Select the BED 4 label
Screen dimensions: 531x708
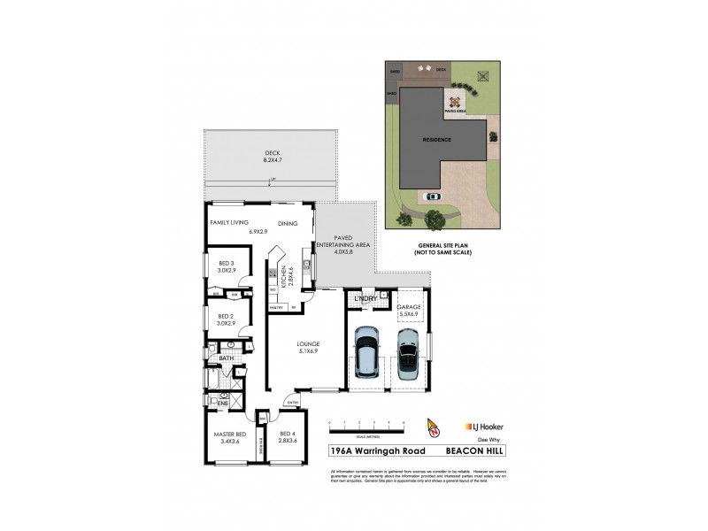click(x=286, y=434)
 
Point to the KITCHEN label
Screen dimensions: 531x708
click(x=283, y=279)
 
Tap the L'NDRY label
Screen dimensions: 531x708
click(x=366, y=299)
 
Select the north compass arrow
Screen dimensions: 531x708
click(x=433, y=427)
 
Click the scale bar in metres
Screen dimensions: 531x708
click(x=366, y=427)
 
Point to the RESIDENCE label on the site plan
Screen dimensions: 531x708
click(x=435, y=139)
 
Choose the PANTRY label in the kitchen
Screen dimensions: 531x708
click(x=276, y=309)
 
